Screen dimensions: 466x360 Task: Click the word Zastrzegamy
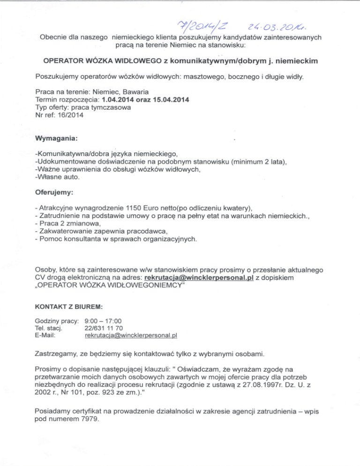click(x=58, y=352)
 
